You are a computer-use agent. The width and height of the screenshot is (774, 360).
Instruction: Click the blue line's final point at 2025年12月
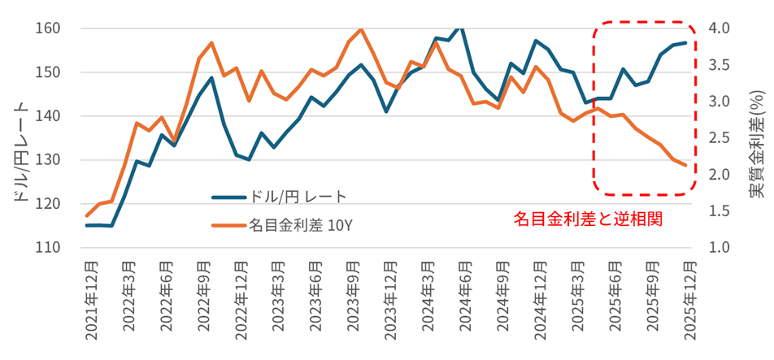(x=685, y=42)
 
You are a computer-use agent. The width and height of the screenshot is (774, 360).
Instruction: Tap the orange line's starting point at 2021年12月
(x=86, y=216)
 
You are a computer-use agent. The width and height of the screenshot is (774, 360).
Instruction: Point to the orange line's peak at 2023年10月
(x=360, y=29)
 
